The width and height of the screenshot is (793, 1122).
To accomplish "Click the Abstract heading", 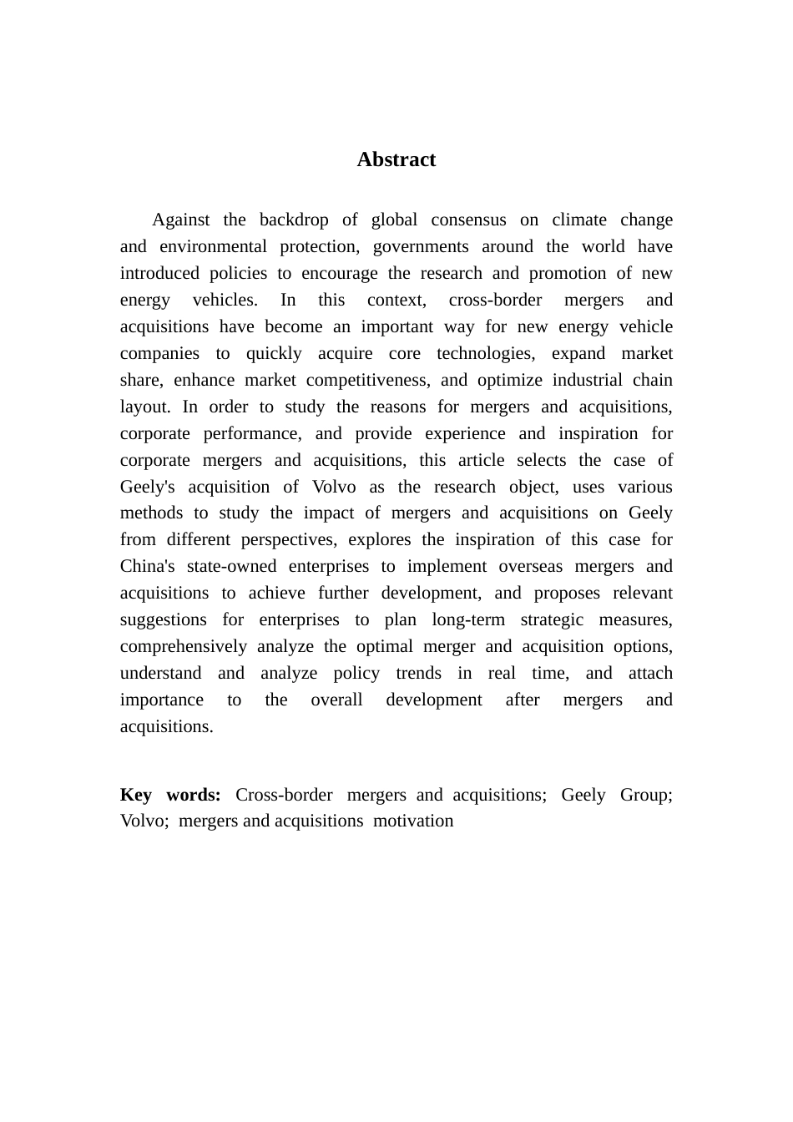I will point(396,159).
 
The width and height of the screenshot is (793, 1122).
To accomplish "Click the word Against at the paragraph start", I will point(181,220).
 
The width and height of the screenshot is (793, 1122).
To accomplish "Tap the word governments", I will point(421,246).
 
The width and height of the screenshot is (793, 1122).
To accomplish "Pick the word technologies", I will point(486,353).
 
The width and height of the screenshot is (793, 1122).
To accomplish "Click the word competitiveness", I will point(368,380).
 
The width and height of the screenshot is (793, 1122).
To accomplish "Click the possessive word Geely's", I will point(148,487).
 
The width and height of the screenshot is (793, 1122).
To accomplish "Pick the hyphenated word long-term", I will point(468,619).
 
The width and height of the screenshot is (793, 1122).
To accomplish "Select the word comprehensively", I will point(184,646).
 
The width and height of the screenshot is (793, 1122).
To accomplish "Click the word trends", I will point(418,673).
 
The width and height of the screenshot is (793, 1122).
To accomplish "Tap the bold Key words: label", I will point(170,794).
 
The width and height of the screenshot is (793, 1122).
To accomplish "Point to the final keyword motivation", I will point(413,821).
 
